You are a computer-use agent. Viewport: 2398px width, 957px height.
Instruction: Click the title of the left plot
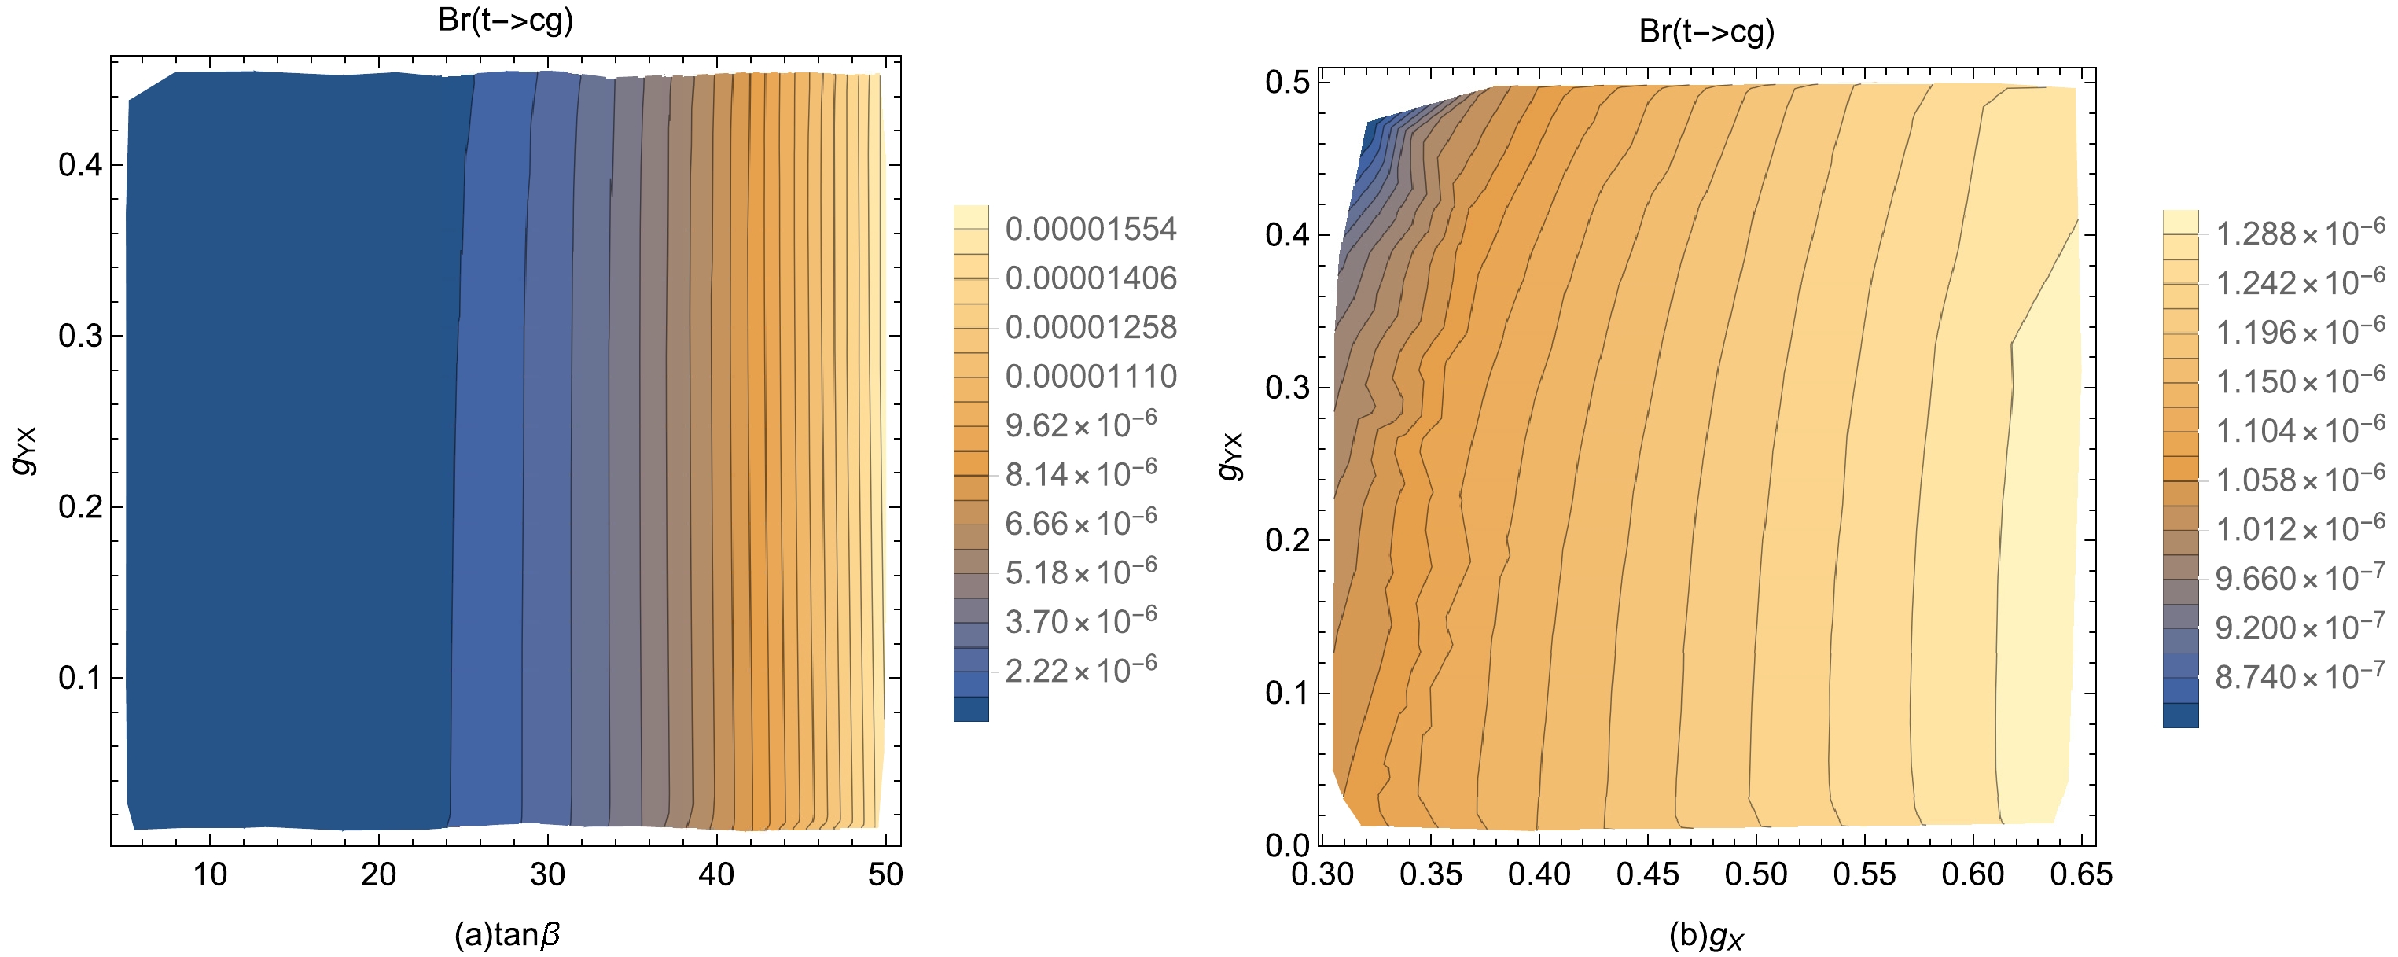[506, 20]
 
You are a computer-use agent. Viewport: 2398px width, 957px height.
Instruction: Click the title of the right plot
[1706, 31]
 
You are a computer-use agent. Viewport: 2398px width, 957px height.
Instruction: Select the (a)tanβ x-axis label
[507, 933]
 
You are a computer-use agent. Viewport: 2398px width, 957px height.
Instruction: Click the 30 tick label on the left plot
[547, 875]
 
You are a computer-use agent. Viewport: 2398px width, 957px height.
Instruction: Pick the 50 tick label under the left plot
[885, 875]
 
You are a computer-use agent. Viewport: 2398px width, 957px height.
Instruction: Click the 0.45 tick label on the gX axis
[1648, 875]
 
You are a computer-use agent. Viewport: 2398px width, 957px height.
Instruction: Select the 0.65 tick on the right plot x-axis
[2081, 875]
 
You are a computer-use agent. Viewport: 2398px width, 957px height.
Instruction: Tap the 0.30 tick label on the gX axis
[1322, 875]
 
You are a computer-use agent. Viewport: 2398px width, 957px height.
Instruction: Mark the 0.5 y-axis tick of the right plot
[1287, 83]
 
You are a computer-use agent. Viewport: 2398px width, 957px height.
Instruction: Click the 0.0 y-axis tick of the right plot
[1287, 845]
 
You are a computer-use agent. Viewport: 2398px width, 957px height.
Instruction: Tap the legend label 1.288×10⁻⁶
[2299, 233]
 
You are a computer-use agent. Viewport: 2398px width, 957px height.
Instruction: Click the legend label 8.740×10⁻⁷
[2299, 675]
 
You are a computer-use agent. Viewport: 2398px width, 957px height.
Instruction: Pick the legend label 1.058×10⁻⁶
[2299, 478]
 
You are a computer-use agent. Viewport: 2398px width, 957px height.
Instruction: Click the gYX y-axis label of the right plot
[1230, 456]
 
